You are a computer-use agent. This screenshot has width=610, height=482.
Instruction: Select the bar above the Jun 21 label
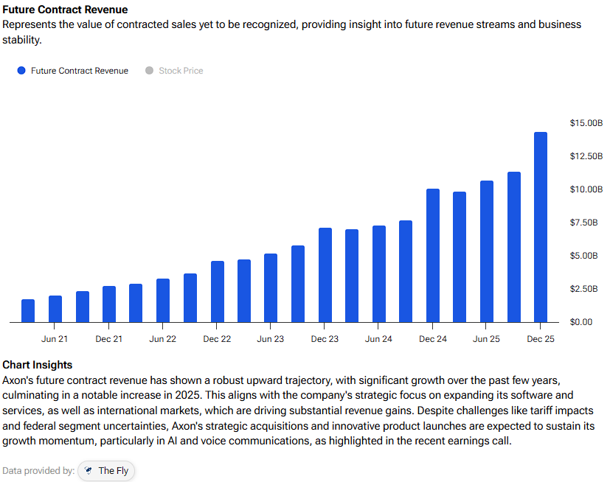55,309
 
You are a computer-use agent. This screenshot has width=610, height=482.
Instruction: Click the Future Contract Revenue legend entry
79,71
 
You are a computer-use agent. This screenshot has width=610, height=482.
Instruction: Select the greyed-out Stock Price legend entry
181,71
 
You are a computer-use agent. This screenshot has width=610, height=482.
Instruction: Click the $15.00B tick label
586,123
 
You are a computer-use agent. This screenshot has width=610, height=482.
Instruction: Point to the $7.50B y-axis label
584,223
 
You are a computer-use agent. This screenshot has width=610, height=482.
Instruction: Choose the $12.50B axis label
586,156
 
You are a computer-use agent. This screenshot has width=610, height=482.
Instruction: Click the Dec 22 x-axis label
217,339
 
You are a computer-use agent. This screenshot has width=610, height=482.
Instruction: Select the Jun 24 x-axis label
378,339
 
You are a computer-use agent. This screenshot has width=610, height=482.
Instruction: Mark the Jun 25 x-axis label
486,339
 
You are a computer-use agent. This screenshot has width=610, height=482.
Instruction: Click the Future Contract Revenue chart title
65,10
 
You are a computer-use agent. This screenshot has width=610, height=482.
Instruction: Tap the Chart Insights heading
38,365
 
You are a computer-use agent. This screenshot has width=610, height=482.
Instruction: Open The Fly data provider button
106,470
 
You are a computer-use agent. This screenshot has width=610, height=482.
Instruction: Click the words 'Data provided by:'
38,470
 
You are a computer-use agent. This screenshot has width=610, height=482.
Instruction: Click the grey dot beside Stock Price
149,71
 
